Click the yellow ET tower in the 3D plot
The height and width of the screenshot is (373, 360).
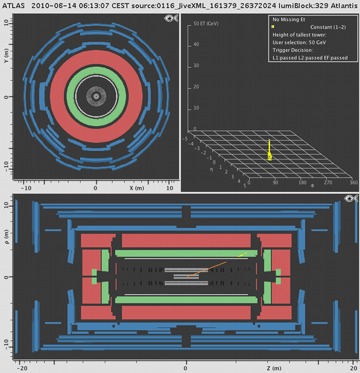pos(269,150)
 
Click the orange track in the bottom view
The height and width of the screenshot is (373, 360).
pos(207,269)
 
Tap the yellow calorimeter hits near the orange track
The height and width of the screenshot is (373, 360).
pos(242,255)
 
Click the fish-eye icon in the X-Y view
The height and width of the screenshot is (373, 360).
pos(171,18)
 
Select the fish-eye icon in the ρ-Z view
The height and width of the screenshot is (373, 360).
pos(351,198)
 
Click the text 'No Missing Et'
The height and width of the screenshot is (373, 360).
pos(289,20)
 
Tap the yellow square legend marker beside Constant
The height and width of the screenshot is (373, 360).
pos(273,26)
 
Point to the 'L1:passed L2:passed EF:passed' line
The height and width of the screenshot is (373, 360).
pos(310,58)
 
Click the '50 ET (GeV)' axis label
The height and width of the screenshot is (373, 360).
pos(206,24)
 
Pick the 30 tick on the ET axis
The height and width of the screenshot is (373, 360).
pos(196,65)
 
